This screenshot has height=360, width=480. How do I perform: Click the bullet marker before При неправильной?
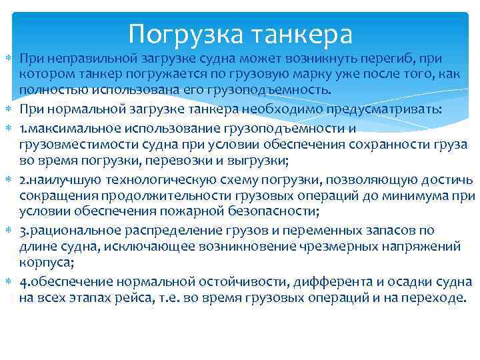point(7,60)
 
